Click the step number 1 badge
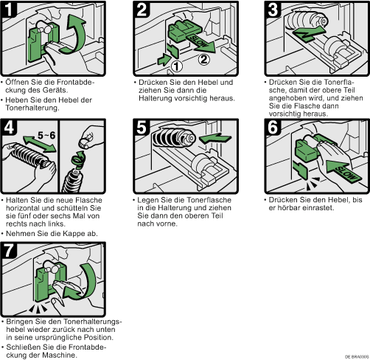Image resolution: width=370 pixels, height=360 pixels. [9, 10]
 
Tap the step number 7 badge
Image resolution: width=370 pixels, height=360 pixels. [9, 250]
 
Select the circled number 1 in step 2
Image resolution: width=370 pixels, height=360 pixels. [176, 66]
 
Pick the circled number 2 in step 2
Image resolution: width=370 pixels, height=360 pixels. [204, 60]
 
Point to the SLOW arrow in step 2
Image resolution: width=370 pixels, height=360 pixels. [201, 44]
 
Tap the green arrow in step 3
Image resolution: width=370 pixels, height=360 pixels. [309, 34]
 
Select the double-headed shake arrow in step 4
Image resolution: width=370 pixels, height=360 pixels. [40, 144]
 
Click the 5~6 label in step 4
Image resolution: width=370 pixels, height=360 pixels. [46, 135]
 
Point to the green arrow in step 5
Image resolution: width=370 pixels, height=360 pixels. [215, 139]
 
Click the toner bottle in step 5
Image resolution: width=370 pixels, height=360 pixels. [174, 138]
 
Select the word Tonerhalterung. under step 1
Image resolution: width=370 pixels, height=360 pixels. [32, 108]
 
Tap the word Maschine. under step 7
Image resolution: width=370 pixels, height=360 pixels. [60, 355]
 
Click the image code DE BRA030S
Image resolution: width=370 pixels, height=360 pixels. [357, 356]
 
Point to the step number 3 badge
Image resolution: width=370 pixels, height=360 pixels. [273, 10]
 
